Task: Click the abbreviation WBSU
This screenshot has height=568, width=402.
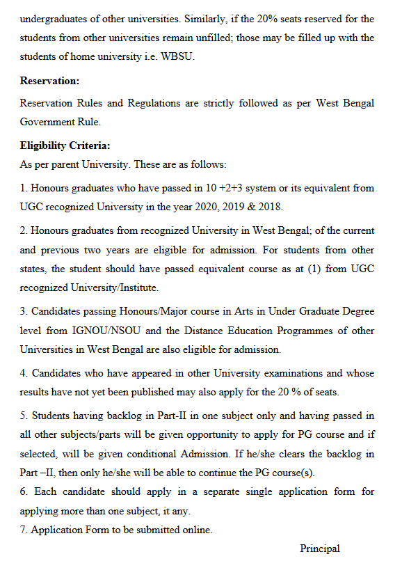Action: pos(179,56)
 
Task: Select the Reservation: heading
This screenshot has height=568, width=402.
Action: pos(49,81)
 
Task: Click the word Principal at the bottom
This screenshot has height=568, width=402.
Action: pos(320,549)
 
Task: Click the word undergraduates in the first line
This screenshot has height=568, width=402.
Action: pos(52,18)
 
